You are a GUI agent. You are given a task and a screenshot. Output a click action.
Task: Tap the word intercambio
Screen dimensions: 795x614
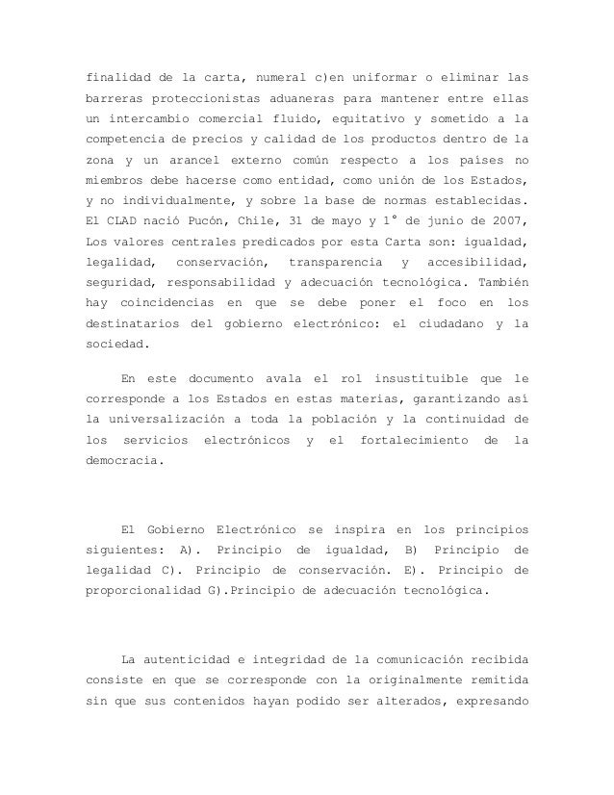pyautogui.click(x=147, y=117)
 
